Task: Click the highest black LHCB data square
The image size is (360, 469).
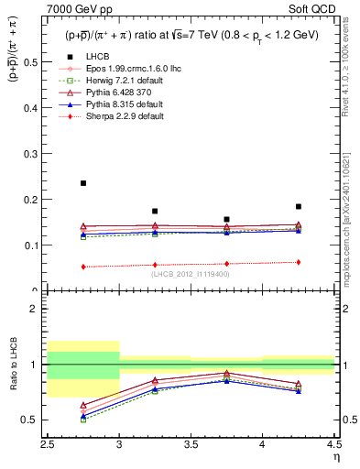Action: [x=83, y=183]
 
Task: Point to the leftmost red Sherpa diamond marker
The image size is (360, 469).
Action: [x=83, y=267]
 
